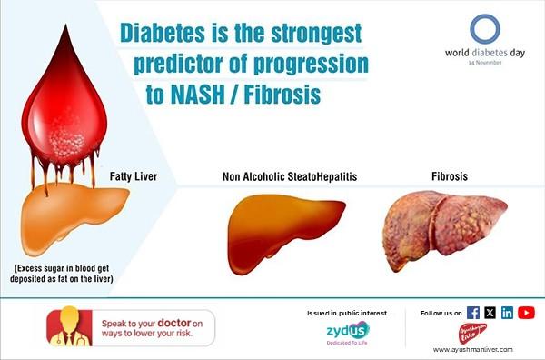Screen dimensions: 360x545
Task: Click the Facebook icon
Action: click(x=473, y=313)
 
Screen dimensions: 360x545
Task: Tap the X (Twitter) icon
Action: click(x=490, y=313)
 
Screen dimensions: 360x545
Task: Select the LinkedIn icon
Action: click(x=507, y=313)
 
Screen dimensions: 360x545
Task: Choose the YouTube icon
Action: click(x=526, y=313)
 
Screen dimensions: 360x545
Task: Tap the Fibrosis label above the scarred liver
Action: click(x=449, y=175)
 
